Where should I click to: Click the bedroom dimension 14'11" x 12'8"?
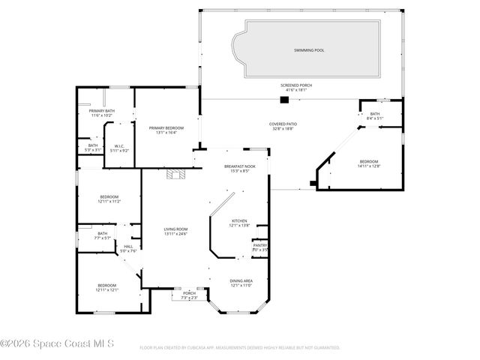(370, 166)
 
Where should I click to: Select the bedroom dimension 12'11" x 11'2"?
(109, 202)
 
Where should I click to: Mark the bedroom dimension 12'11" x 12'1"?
(106, 289)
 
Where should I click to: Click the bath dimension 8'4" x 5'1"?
(374, 118)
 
